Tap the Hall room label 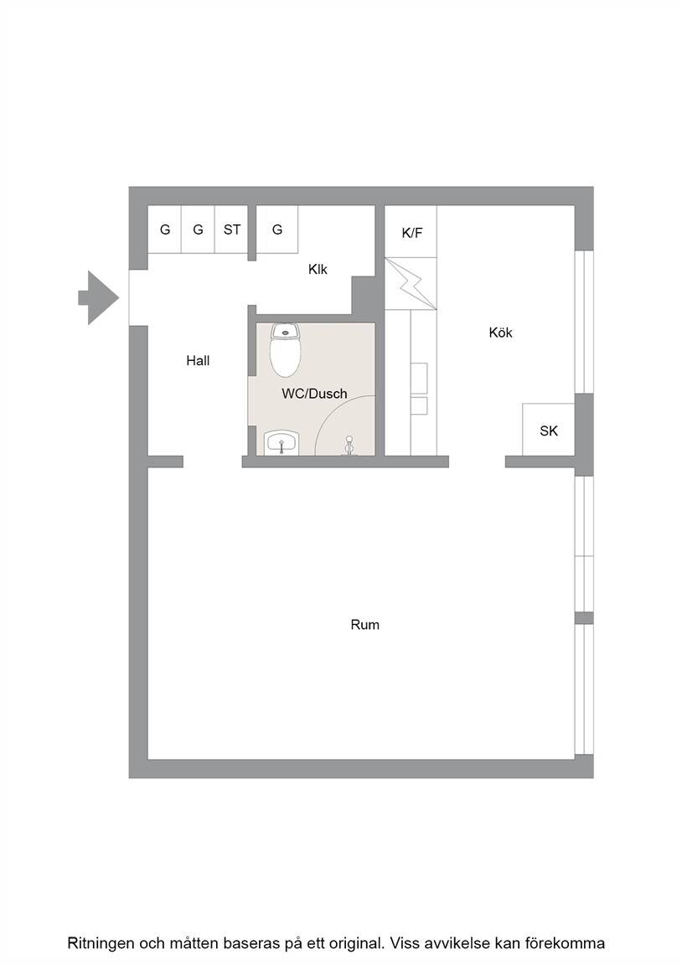(x=199, y=361)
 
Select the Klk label (x=318, y=269)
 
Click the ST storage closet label (x=232, y=230)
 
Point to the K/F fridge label (x=411, y=233)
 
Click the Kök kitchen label (x=500, y=333)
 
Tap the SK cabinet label (x=549, y=431)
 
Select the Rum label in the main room (x=365, y=625)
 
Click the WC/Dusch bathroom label (x=314, y=394)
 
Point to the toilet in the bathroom (x=285, y=349)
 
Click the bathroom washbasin (x=282, y=442)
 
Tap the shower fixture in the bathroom (x=349, y=446)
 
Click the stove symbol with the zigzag (x=411, y=284)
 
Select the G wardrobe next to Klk (x=277, y=230)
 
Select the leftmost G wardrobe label (x=165, y=230)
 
